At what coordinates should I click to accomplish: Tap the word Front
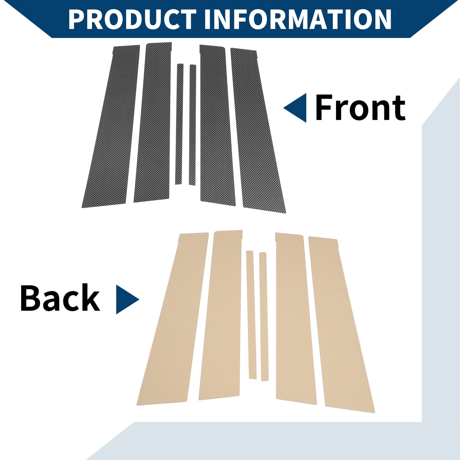[360, 108]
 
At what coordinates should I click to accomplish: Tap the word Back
[60, 298]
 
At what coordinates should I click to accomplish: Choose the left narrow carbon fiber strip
[180, 124]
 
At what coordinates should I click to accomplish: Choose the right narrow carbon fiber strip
[193, 125]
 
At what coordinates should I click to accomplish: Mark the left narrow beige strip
[251, 314]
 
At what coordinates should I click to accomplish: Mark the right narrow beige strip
[264, 316]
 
